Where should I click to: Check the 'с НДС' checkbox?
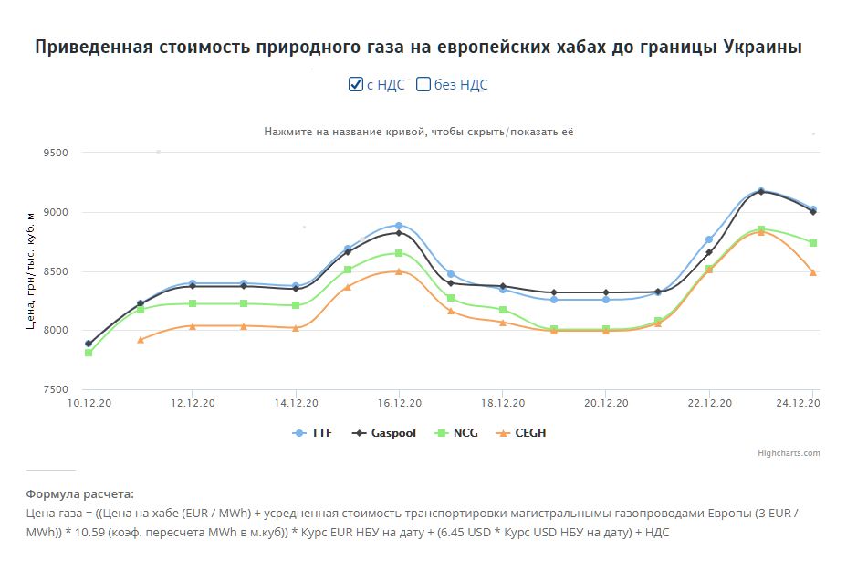pos(357,84)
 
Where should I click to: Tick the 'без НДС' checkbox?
pos(423,84)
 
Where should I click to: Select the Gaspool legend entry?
pos(383,433)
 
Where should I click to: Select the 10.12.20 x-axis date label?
pos(89,403)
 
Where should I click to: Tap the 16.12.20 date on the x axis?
pos(399,403)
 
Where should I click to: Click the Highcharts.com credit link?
pos(789,453)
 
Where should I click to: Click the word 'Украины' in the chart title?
pos(762,47)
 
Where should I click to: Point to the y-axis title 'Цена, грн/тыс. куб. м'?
pos(31,270)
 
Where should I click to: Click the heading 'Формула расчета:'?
pos(79,493)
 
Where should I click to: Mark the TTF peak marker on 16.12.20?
pos(399,225)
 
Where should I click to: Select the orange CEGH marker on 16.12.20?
pos(399,271)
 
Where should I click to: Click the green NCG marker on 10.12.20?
pos(89,353)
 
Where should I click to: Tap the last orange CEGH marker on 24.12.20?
pos(812,272)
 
